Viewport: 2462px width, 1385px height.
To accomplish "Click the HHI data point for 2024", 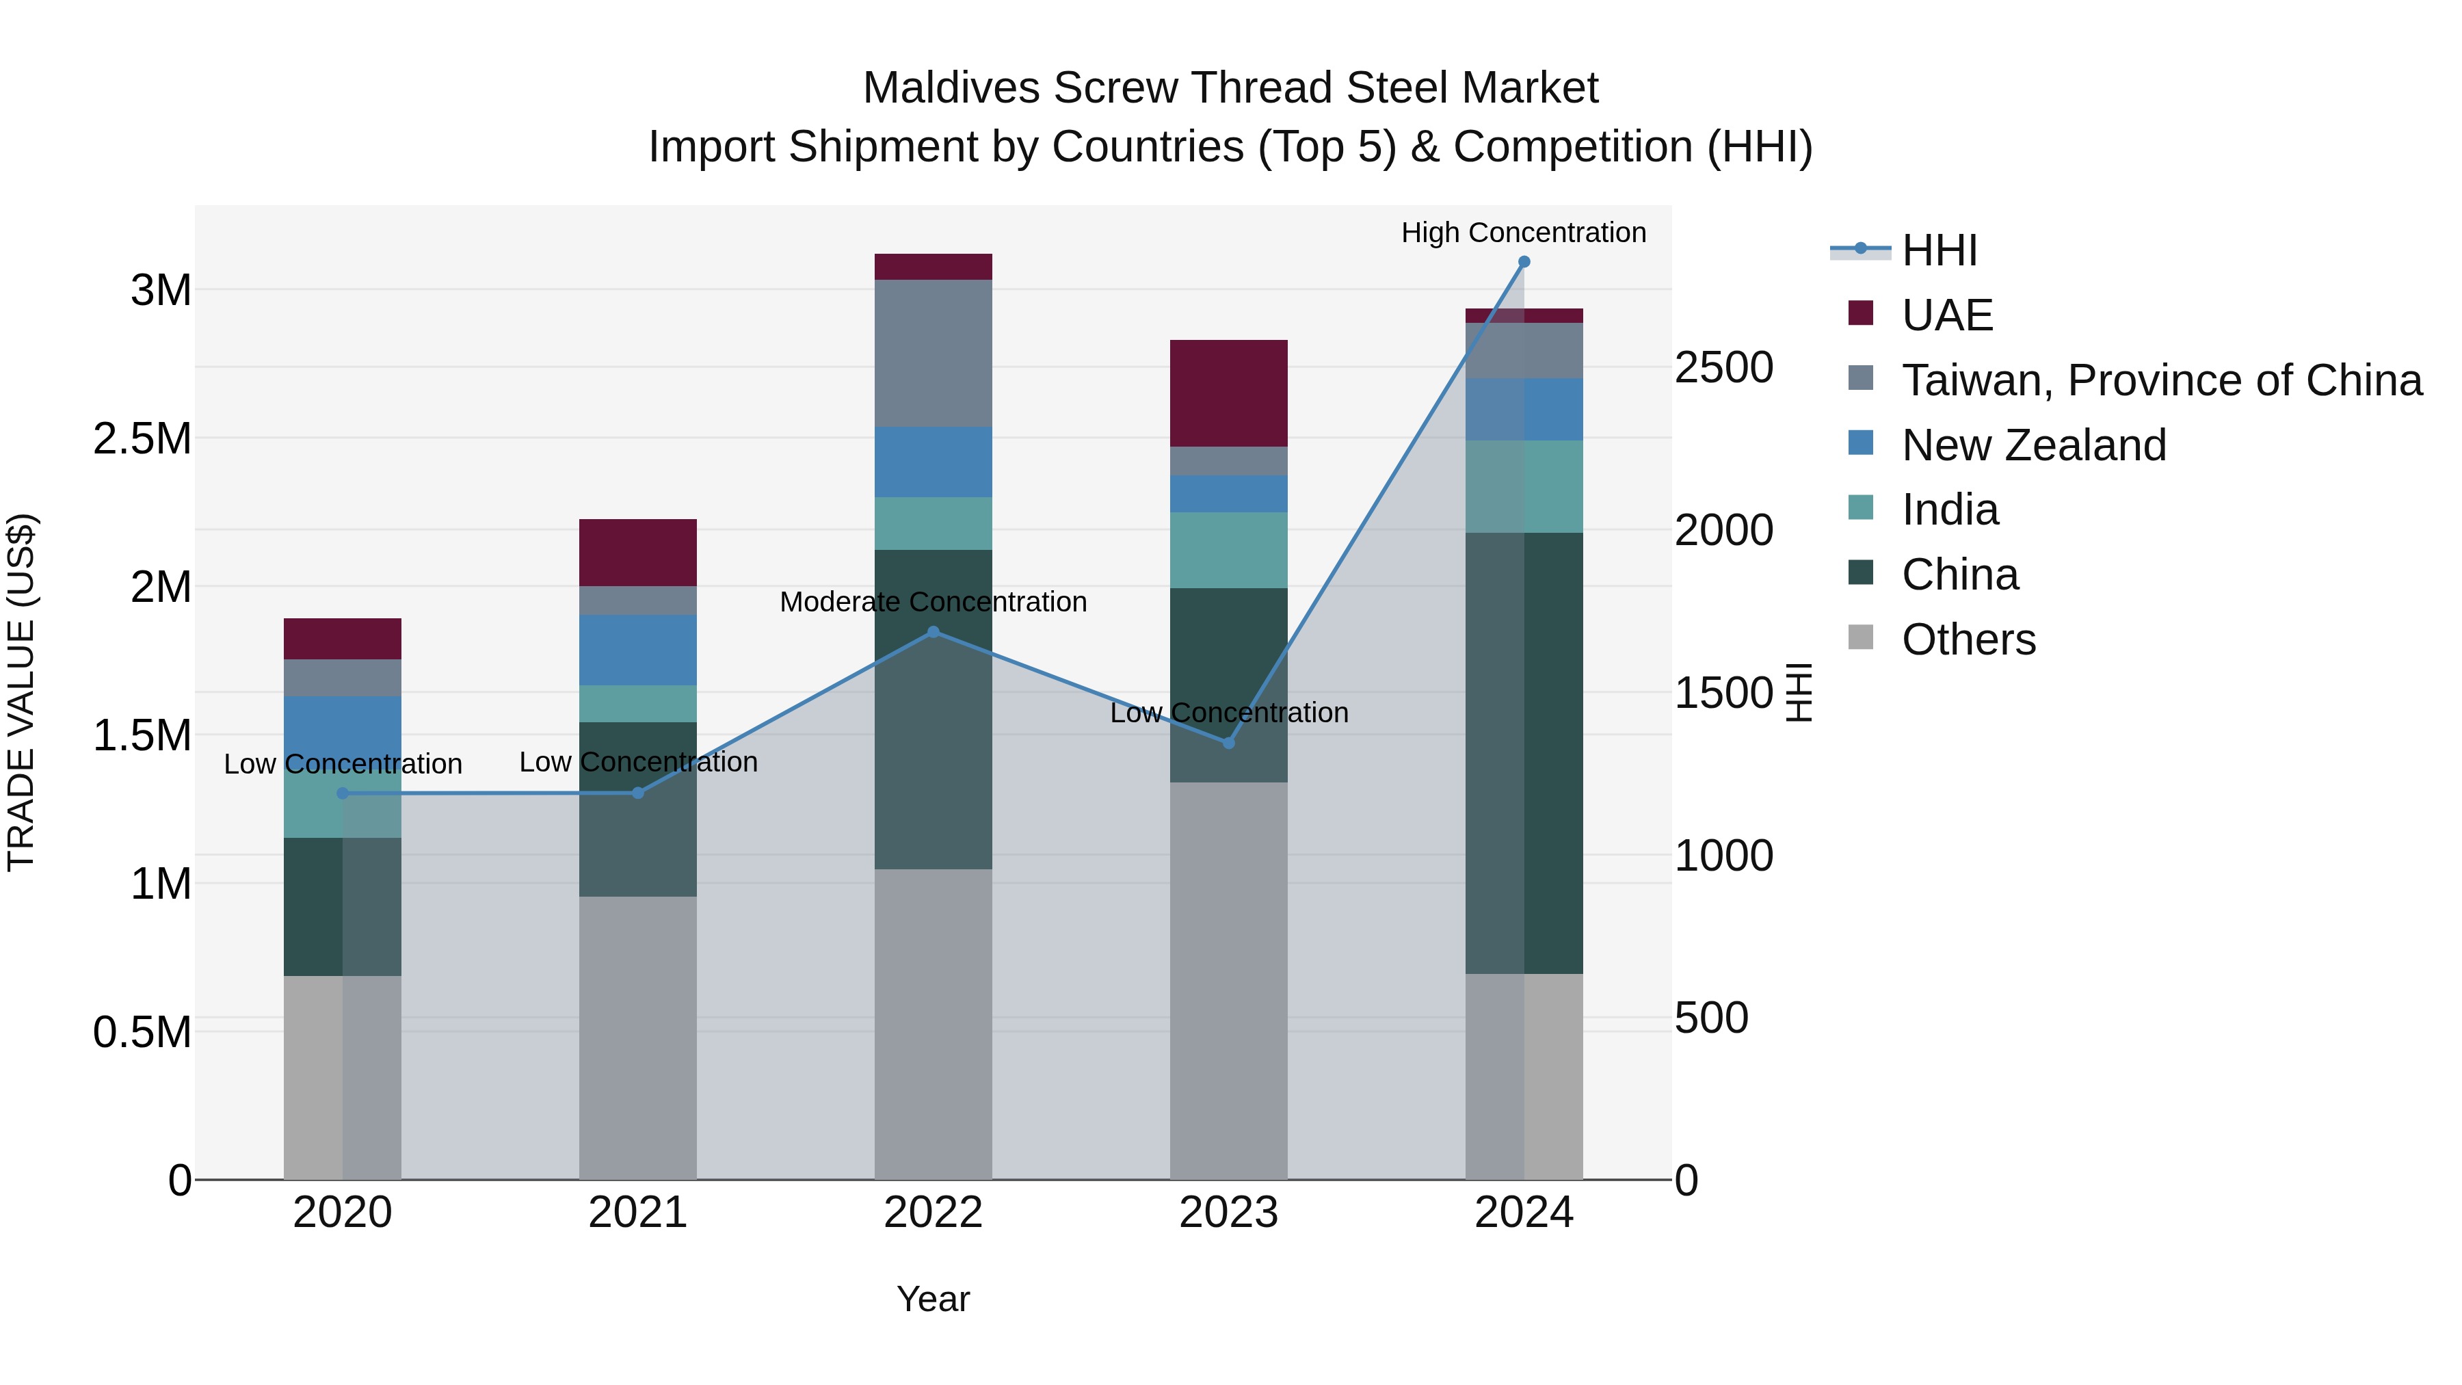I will pyautogui.click(x=1524, y=262).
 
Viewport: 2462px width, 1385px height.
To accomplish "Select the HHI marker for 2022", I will pyautogui.click(x=934, y=632).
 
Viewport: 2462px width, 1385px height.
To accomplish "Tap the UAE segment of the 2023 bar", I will pyautogui.click(x=1228, y=393).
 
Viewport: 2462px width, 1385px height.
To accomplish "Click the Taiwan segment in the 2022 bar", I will pyautogui.click(x=933, y=353).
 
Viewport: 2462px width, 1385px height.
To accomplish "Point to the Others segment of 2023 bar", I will pyautogui.click(x=1228, y=979).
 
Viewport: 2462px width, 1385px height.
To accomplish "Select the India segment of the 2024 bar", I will pyautogui.click(x=1524, y=486).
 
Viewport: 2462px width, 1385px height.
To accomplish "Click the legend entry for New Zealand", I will pyautogui.click(x=2033, y=445).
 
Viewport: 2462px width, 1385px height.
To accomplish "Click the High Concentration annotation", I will pyautogui.click(x=1524, y=233).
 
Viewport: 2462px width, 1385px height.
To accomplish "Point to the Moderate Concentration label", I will pyautogui.click(x=933, y=602).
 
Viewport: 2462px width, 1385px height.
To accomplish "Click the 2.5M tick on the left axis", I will pyautogui.click(x=142, y=438).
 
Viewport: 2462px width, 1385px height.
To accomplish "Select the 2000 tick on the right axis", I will pyautogui.click(x=1723, y=531).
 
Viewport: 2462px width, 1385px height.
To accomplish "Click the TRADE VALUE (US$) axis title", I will pyautogui.click(x=21, y=692).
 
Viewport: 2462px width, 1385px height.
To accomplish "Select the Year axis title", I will pyautogui.click(x=933, y=1299).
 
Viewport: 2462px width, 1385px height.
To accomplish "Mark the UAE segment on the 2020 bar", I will pyautogui.click(x=342, y=639).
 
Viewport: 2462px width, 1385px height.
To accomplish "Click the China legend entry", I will pyautogui.click(x=1959, y=575).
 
